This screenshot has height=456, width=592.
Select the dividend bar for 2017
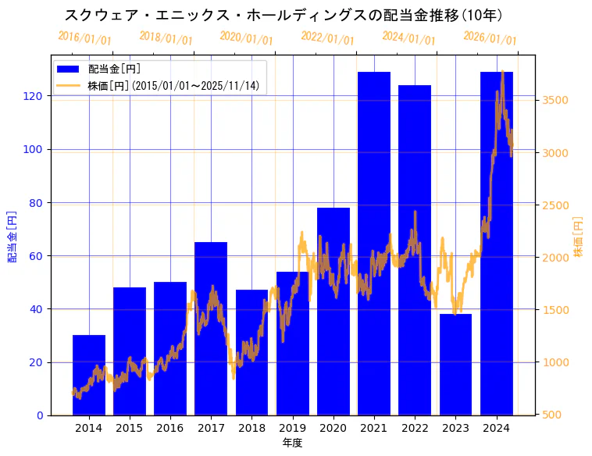[x=211, y=328]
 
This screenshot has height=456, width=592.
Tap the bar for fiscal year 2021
[x=374, y=242]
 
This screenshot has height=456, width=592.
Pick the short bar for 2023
[x=455, y=364]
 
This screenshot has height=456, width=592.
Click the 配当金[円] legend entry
[x=114, y=69]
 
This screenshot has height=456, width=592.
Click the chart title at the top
[x=284, y=15]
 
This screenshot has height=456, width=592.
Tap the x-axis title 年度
[x=292, y=443]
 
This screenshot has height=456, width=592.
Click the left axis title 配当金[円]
[x=12, y=236]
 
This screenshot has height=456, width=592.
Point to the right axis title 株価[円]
[x=578, y=236]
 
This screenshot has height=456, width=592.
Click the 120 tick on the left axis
[x=37, y=96]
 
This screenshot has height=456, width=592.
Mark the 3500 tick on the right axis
[x=555, y=100]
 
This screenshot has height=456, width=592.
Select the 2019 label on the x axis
[x=292, y=428]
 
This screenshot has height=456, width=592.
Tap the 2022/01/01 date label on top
[x=327, y=37]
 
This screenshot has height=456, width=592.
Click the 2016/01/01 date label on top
[x=84, y=37]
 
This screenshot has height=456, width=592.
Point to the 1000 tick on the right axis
[x=555, y=362]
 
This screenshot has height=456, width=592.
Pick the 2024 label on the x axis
[x=496, y=428]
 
